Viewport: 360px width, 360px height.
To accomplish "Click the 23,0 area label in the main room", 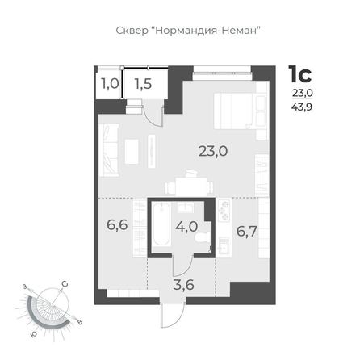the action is pyautogui.click(x=213, y=151).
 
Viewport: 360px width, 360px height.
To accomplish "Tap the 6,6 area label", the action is pyautogui.click(x=117, y=224).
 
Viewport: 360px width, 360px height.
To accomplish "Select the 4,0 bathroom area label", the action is pyautogui.click(x=186, y=227).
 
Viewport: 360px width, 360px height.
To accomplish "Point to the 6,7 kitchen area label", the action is pyautogui.click(x=247, y=232).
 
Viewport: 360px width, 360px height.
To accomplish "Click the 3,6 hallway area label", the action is pyautogui.click(x=184, y=285).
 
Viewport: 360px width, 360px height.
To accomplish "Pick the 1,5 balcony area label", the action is pyautogui.click(x=144, y=84).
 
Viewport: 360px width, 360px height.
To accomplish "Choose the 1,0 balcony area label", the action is pyautogui.click(x=110, y=84).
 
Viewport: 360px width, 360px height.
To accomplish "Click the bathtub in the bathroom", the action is pyautogui.click(x=161, y=224).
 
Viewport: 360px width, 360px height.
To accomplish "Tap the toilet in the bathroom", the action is pyautogui.click(x=203, y=237).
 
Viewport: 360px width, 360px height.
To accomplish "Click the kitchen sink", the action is pyautogui.click(x=224, y=245).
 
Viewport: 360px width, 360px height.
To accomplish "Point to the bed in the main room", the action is pyautogui.click(x=234, y=111).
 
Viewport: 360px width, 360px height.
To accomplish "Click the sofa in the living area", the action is pyautogui.click(x=109, y=150).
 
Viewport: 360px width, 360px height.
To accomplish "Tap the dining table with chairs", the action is pyautogui.click(x=189, y=184).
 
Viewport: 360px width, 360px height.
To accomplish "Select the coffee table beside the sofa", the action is pyautogui.click(x=132, y=151).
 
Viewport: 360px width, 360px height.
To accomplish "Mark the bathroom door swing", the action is pyautogui.click(x=183, y=266).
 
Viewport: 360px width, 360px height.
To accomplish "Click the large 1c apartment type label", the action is pyautogui.click(x=300, y=74).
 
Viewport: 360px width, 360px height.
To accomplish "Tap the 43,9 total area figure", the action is pyautogui.click(x=302, y=107).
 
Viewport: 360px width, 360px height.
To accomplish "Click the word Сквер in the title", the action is pyautogui.click(x=132, y=31).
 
